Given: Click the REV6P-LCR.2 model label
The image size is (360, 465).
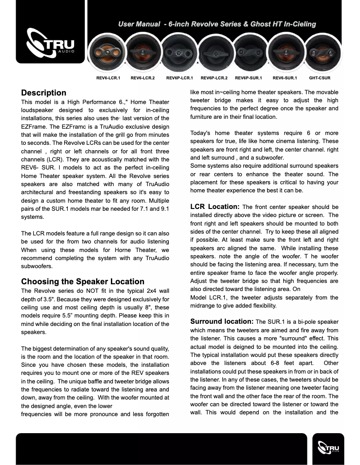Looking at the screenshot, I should (214, 78).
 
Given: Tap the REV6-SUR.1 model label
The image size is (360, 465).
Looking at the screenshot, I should (285, 78).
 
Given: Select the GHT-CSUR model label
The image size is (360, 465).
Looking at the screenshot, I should (320, 78).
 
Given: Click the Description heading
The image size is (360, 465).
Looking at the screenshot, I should (44, 93).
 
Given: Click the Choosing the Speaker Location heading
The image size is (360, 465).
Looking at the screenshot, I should (83, 282).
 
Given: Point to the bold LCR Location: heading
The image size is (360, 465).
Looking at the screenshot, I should (215, 207).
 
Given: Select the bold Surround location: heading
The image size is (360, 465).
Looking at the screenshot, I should (222, 322).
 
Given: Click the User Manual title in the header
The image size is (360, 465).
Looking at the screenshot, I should (217, 24).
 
